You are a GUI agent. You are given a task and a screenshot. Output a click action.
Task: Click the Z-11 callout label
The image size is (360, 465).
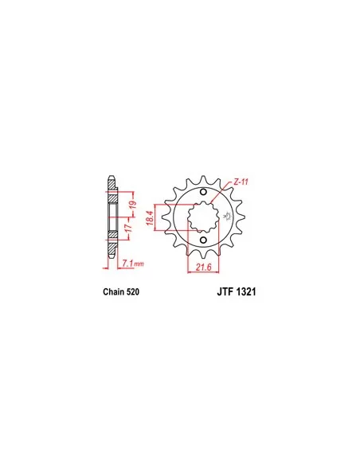click(x=241, y=182)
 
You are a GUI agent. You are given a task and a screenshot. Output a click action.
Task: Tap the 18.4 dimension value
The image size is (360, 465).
click(x=150, y=217)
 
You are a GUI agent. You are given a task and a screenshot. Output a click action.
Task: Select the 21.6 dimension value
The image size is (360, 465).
click(x=203, y=268)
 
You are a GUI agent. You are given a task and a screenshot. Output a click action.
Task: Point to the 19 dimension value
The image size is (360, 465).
click(x=133, y=205)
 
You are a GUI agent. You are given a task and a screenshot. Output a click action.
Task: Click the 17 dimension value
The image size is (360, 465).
click(x=127, y=228)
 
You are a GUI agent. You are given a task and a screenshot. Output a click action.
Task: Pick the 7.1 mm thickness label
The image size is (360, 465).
click(x=133, y=263)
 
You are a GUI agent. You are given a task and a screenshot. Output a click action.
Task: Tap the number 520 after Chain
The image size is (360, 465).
click(x=132, y=291)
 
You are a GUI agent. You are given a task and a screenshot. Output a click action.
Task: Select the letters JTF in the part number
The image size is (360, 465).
click(x=225, y=291)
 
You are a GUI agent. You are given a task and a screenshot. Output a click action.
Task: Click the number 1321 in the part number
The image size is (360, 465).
click(x=246, y=291)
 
